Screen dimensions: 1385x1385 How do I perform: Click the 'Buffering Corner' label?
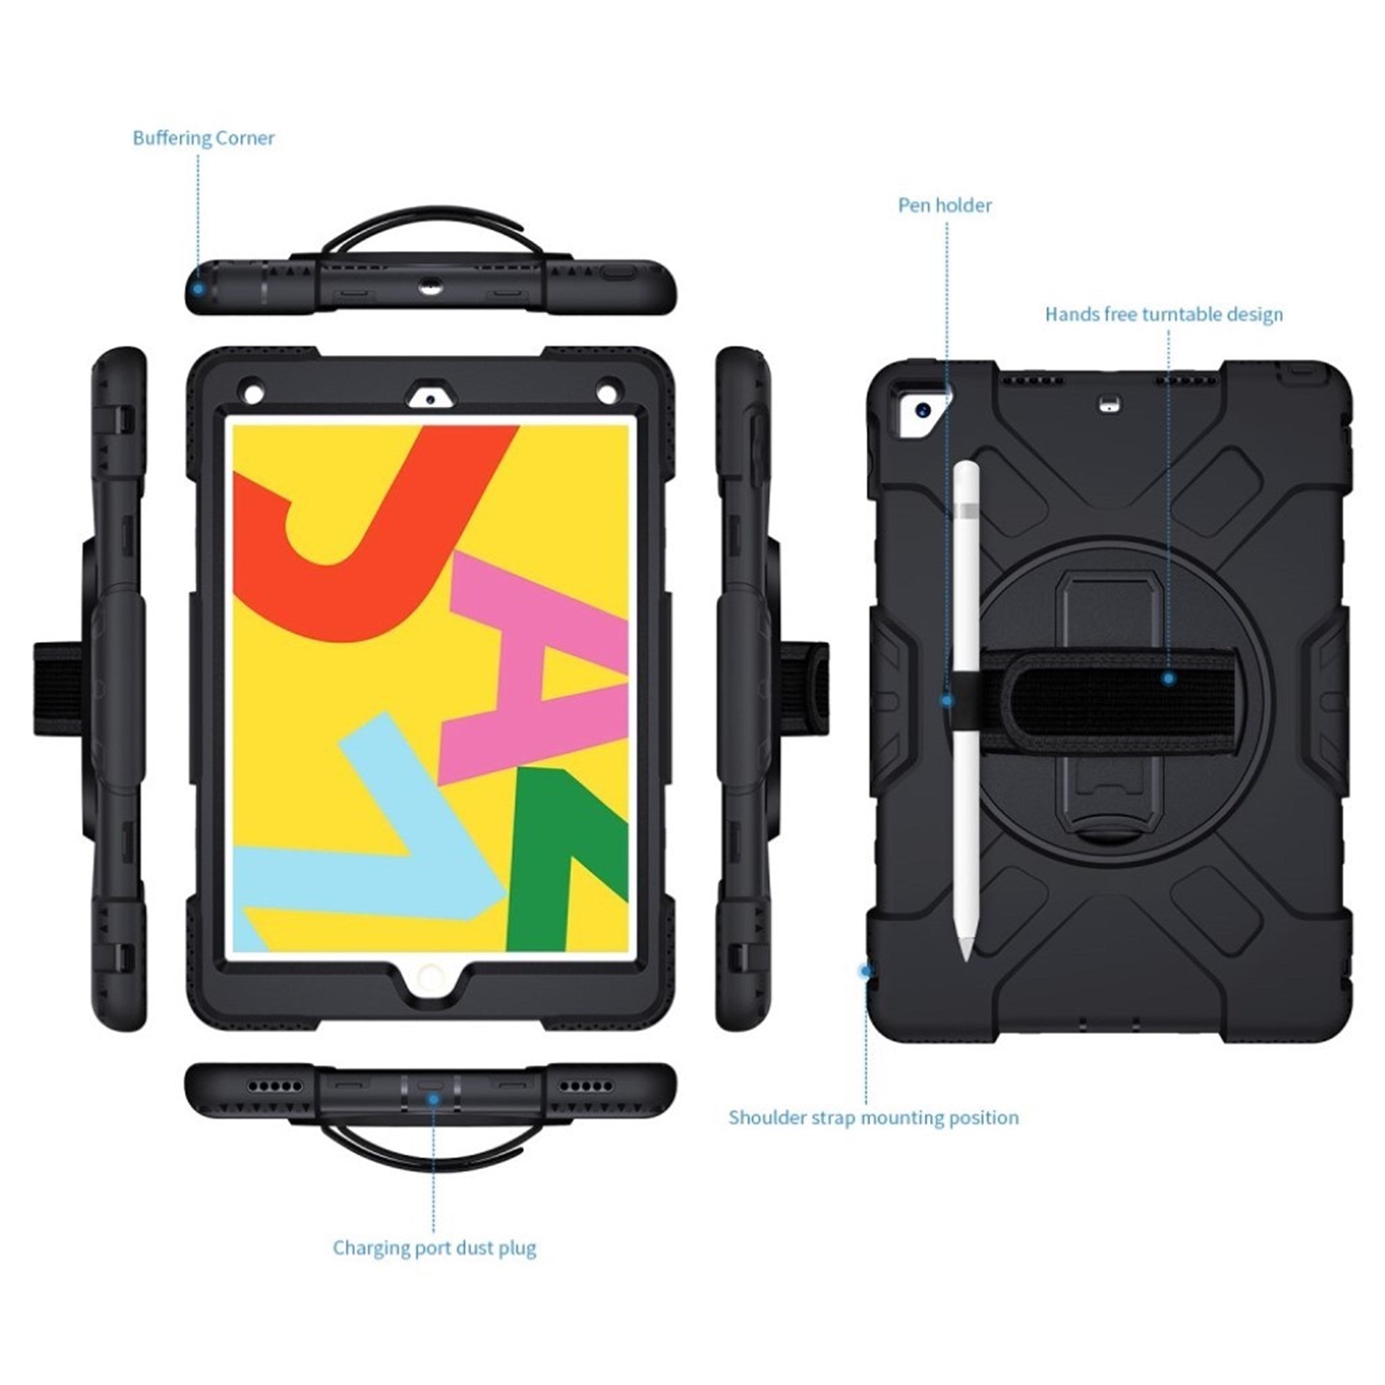[x=204, y=138]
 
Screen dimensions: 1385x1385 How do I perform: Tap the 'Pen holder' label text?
[x=945, y=205]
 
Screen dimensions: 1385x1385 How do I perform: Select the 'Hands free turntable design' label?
[x=1163, y=314]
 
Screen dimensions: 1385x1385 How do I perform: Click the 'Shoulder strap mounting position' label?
[x=873, y=1118]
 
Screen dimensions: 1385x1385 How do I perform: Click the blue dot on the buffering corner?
[x=199, y=288]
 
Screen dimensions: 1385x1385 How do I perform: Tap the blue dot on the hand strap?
[x=1169, y=678]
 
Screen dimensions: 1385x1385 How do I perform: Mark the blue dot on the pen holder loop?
[x=947, y=701]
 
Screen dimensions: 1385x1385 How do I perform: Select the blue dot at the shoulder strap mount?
[x=867, y=970]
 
